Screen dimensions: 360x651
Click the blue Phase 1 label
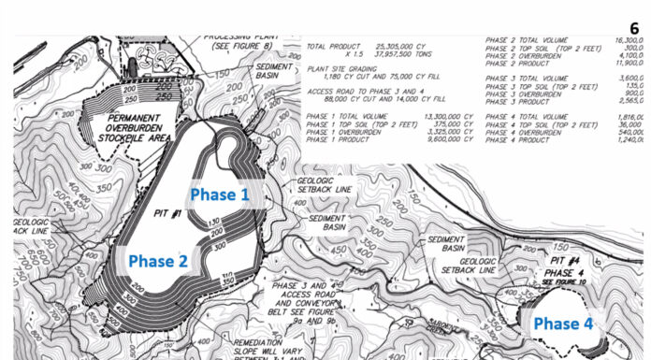pos(220,194)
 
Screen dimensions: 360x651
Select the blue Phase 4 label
pos(563,324)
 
